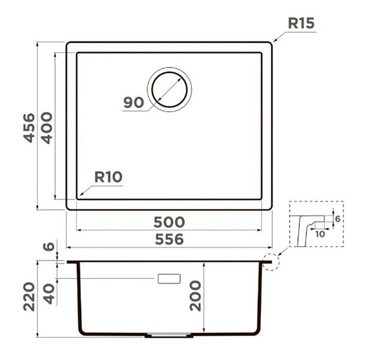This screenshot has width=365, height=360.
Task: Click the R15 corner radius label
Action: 301,23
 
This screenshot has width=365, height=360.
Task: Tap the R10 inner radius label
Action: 108,177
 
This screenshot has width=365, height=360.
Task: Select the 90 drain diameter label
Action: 134,103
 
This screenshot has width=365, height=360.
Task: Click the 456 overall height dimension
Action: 29,128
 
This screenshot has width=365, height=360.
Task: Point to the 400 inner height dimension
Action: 47,128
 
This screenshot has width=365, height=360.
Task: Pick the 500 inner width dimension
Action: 169,222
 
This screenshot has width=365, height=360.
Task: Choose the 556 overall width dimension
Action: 169,239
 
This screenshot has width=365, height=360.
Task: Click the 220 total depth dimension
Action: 29,297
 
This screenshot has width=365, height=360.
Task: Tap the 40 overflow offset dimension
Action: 49,294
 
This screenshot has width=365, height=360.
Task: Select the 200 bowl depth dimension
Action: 195,296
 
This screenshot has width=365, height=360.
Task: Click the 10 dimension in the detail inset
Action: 320,234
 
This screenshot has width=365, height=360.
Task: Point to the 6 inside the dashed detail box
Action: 338,219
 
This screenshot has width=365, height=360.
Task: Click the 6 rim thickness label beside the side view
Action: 49,246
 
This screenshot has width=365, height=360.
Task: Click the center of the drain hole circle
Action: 170,89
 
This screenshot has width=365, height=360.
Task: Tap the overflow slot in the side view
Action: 169,279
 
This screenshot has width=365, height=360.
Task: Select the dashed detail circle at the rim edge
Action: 271,262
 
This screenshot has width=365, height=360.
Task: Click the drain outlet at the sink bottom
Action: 169,335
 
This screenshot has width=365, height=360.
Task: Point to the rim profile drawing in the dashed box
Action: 311,230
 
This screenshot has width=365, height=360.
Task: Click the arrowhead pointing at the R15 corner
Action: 275,40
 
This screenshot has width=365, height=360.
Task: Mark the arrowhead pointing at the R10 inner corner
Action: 82,193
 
